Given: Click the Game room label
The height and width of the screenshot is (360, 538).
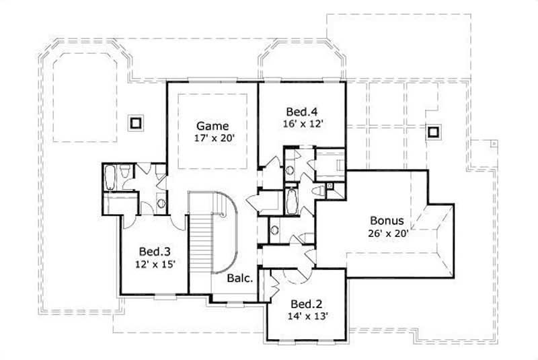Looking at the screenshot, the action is (213, 126).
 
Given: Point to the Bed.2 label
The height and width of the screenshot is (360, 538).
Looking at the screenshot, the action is (305, 303).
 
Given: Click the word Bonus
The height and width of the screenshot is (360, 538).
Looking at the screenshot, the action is (387, 221).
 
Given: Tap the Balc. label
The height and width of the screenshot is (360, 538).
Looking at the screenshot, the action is (239, 278).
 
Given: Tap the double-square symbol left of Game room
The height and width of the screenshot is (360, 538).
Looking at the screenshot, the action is (136, 122).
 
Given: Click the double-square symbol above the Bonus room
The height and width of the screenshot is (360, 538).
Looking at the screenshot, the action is (433, 131).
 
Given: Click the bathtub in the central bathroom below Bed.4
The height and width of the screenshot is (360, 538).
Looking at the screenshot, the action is (291, 200).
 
